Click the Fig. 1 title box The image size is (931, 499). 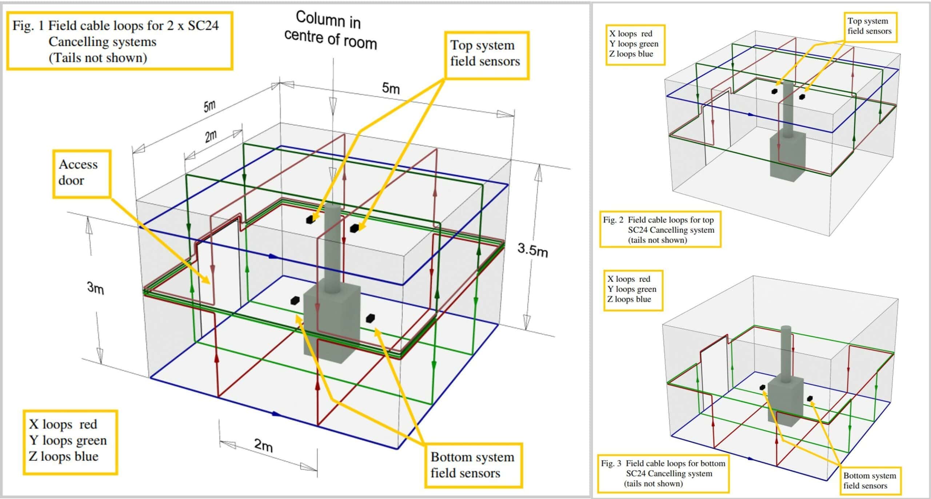[x=119, y=41]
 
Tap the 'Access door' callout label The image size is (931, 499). [x=81, y=173]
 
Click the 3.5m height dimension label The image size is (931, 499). [x=532, y=250]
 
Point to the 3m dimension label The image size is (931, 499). [x=95, y=288]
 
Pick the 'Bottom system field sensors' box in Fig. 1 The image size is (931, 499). [x=473, y=465]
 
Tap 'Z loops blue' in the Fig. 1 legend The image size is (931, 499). [x=64, y=456]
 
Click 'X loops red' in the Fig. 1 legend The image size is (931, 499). [x=63, y=424]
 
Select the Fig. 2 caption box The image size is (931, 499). [x=659, y=230]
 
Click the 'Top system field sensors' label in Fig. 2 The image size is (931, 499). [x=869, y=27]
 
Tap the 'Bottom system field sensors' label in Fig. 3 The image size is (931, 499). [x=869, y=480]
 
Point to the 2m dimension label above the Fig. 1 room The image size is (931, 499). [x=211, y=136]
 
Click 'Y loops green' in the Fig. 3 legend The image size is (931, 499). [x=632, y=289]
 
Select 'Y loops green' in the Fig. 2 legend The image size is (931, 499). [x=634, y=44]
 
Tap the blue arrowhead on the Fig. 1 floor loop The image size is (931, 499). [x=277, y=414]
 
